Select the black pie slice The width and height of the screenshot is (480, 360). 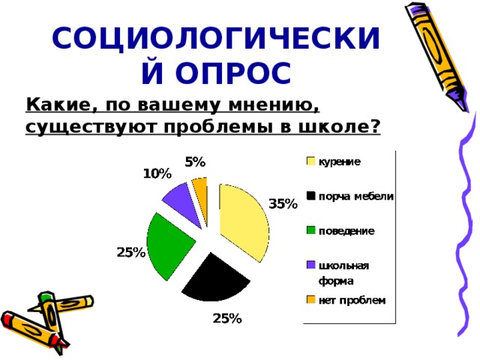tap(216, 280)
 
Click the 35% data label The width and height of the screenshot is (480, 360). tap(283, 204)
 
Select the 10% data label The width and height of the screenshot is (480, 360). tap(157, 174)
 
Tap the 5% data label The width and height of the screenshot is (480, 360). tap(195, 162)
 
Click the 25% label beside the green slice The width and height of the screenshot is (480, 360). tap(131, 253)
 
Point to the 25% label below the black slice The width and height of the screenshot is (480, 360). tap(227, 319)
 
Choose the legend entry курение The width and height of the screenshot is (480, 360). tap(334, 162)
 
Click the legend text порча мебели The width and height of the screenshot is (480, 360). tap(356, 196)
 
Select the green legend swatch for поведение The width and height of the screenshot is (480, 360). tap(310, 230)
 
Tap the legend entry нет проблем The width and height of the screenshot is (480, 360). tap(346, 300)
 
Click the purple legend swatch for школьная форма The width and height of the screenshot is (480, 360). tap(310, 265)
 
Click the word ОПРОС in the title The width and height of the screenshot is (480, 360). tap(233, 73)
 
